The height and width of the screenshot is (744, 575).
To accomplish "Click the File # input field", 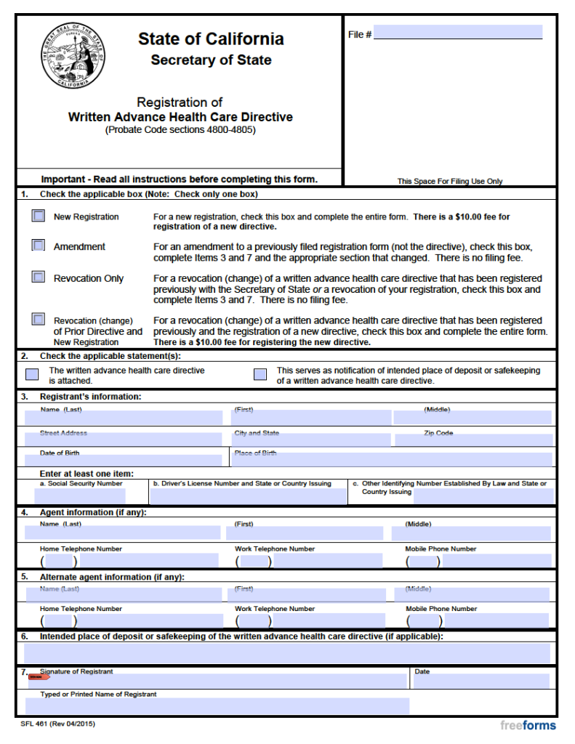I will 457,33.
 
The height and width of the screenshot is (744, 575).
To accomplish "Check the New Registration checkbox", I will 38,217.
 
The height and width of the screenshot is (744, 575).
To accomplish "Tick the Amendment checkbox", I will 38,246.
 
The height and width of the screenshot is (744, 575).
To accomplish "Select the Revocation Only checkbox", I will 38,277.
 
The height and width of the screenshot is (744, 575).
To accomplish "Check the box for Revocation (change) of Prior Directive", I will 38,319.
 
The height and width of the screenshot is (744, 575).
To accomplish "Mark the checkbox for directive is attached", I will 32,375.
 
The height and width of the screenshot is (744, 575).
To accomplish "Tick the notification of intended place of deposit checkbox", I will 260,375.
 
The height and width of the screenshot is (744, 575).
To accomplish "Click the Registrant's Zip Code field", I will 473,439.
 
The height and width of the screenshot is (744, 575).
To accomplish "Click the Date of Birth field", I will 124,460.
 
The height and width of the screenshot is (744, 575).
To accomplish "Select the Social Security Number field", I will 80,496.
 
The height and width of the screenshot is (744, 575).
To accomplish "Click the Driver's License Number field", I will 248,496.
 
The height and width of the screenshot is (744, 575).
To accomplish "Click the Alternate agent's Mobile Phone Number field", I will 494,620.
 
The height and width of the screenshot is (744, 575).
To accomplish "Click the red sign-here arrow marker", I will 39,677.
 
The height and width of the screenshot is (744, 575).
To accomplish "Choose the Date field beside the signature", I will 480,682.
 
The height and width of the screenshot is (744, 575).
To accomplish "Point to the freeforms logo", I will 528,725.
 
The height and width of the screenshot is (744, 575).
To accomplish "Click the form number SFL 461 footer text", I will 58,724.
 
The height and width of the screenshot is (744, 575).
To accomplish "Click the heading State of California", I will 211,39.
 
